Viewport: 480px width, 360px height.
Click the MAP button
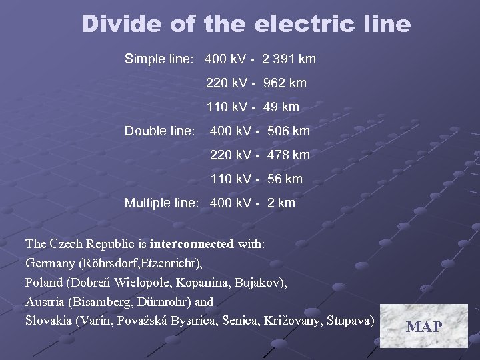point(424,326)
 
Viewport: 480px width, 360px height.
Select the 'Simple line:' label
point(159,59)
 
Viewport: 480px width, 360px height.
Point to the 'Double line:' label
point(159,131)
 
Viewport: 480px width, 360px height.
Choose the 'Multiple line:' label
point(161,203)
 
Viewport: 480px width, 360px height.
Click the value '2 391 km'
point(289,59)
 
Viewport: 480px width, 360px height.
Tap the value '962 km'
point(285,83)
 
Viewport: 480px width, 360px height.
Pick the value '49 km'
point(281,107)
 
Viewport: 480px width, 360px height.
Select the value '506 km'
point(289,131)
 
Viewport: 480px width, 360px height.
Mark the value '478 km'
point(289,155)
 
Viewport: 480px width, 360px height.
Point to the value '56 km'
point(285,179)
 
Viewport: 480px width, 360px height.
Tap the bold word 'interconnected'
point(192,244)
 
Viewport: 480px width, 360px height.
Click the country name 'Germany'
point(51,263)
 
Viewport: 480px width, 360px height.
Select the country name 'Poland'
point(45,283)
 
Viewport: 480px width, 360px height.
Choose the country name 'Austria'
point(45,302)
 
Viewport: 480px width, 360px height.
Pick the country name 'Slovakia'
point(49,321)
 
